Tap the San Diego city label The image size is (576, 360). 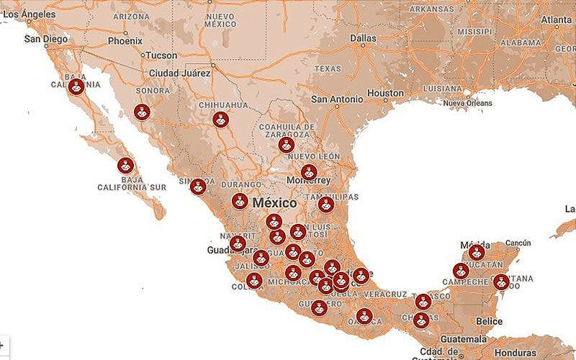click(47, 39)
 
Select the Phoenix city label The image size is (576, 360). click(125, 41)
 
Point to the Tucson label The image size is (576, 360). click(161, 55)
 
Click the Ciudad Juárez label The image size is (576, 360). click(180, 73)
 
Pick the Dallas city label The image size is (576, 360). click(363, 37)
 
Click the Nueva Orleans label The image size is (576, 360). click(472, 104)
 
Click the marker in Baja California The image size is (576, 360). click(76, 88)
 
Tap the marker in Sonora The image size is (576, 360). click(143, 112)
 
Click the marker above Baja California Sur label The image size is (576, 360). click(126, 166)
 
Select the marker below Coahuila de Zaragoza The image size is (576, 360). click(287, 145)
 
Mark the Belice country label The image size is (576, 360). click(490, 321)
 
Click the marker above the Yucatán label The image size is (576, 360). click(476, 252)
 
